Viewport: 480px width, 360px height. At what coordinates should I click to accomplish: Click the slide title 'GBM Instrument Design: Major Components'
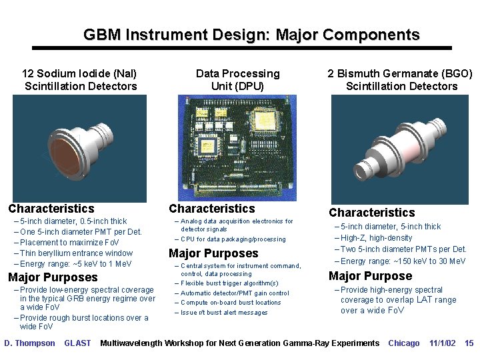tap(251, 35)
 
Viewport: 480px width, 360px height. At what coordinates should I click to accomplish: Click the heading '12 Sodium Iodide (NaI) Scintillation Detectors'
tap(80, 80)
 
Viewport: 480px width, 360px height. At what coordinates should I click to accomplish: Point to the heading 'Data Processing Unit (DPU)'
tap(238, 80)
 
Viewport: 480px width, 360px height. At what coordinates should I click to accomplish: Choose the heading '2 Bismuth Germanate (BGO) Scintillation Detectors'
tap(400, 80)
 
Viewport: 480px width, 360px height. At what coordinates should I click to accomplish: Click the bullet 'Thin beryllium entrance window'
tap(76, 253)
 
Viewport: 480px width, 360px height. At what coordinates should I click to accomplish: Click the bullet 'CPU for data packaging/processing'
tap(233, 239)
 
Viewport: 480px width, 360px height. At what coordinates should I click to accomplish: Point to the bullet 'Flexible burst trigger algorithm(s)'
tap(229, 283)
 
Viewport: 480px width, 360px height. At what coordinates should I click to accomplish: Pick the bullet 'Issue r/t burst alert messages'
tap(224, 313)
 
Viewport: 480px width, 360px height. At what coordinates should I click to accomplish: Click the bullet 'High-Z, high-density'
tap(376, 238)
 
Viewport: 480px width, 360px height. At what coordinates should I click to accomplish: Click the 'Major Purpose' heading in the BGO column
tap(371, 276)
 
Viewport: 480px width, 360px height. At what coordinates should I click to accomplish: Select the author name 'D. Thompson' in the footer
tap(30, 343)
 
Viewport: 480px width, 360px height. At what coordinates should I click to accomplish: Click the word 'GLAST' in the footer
tap(77, 343)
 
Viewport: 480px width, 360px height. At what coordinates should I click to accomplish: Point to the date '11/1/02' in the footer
tap(442, 343)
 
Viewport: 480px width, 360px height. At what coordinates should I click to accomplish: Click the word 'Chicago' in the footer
tap(404, 343)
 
